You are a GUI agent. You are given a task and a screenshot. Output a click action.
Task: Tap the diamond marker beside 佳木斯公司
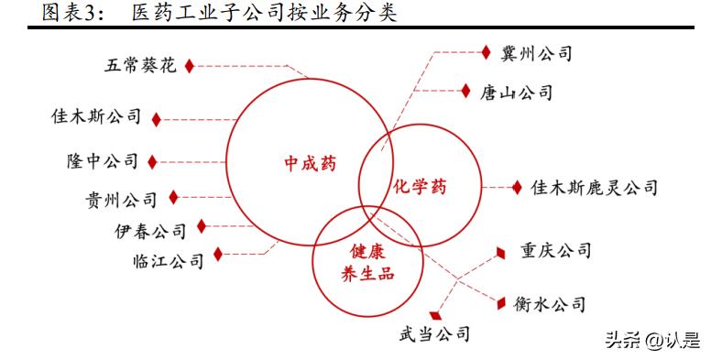point(157,119)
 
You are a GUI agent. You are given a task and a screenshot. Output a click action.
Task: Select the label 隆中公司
point(102,162)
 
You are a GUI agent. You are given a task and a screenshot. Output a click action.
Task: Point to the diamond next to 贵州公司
point(174,197)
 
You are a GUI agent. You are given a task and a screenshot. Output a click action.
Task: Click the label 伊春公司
point(150,230)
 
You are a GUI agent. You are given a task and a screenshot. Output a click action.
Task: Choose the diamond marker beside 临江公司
point(217,255)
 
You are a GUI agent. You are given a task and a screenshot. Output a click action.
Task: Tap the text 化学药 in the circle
point(420,187)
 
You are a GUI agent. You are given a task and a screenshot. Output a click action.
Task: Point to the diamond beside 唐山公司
point(465,92)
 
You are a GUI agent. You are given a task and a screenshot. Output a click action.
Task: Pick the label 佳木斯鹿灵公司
point(595,188)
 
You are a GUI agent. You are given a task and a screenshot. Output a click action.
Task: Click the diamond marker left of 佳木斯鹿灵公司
point(517,187)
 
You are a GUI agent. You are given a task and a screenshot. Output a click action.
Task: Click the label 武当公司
point(434,333)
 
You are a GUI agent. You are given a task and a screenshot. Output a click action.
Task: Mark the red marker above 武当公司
point(435,315)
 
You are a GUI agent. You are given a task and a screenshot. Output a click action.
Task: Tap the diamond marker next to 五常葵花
point(190,65)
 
